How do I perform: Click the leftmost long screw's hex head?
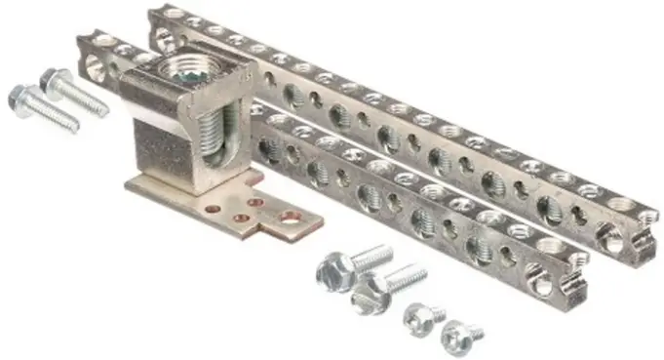pos(20,97)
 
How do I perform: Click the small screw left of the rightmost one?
pos(418,318)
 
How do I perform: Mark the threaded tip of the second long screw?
pos(101,108)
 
